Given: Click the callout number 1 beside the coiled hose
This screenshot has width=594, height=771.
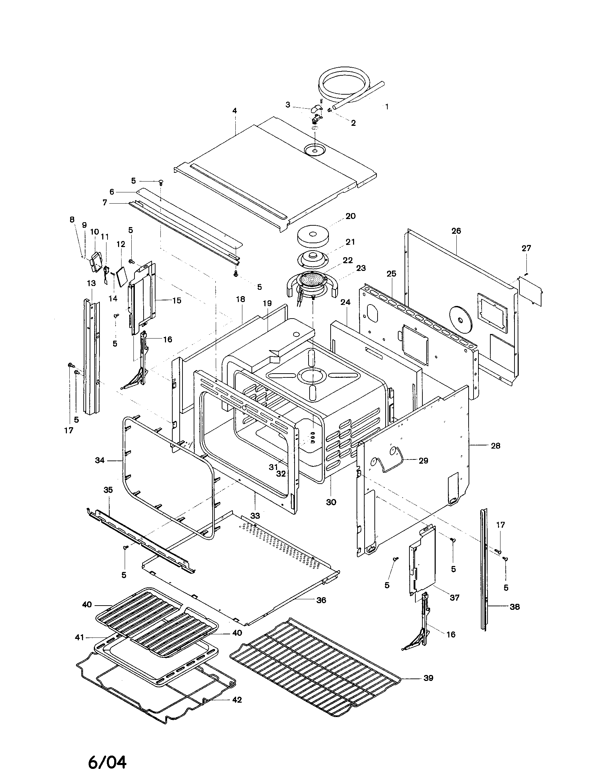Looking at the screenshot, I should pyautogui.click(x=387, y=106).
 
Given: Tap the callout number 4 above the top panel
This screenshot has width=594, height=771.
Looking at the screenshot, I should pyautogui.click(x=235, y=111).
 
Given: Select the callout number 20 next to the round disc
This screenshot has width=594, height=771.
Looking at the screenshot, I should pyautogui.click(x=350, y=216).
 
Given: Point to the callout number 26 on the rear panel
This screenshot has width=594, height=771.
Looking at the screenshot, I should pyautogui.click(x=456, y=231).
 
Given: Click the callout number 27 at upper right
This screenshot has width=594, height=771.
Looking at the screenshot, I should pyautogui.click(x=526, y=248).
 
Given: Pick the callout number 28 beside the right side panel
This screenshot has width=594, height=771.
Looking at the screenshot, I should pyautogui.click(x=496, y=446).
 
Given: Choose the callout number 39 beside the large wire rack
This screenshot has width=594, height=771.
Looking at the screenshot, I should pyautogui.click(x=428, y=678).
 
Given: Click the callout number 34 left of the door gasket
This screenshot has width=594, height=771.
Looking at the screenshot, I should pyautogui.click(x=100, y=460).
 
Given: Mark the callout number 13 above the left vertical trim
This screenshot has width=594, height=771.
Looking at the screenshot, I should pyautogui.click(x=91, y=283).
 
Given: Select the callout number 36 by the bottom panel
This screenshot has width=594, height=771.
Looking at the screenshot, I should pyautogui.click(x=321, y=600).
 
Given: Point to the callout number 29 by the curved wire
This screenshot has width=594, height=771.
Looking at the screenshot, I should pyautogui.click(x=423, y=461).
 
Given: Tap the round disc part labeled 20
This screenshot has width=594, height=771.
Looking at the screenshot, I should pyautogui.click(x=312, y=237).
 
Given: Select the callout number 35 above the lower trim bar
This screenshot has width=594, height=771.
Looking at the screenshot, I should pyautogui.click(x=108, y=490).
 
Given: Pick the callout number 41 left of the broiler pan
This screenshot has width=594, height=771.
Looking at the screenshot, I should pyautogui.click(x=80, y=637).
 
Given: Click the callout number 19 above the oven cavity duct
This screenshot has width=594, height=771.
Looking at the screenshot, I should pyautogui.click(x=267, y=303).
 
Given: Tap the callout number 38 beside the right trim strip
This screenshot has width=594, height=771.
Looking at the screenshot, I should pyautogui.click(x=514, y=607).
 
